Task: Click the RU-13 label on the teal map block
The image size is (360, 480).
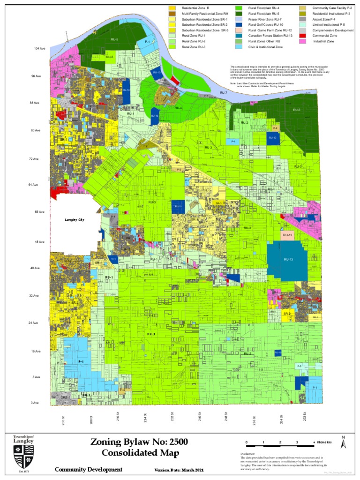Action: tap(288, 259)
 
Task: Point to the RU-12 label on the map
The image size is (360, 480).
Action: tap(288, 235)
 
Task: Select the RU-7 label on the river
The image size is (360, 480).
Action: tap(224, 93)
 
